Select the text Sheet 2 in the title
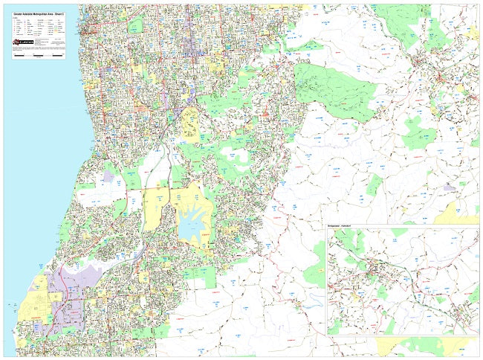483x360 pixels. [x=60, y=15]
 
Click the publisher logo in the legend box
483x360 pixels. [x=22, y=42]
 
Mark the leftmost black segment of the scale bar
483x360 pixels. [x=19, y=55]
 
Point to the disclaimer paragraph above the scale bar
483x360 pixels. [x=37, y=49]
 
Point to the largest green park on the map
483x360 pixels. [x=334, y=89]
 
